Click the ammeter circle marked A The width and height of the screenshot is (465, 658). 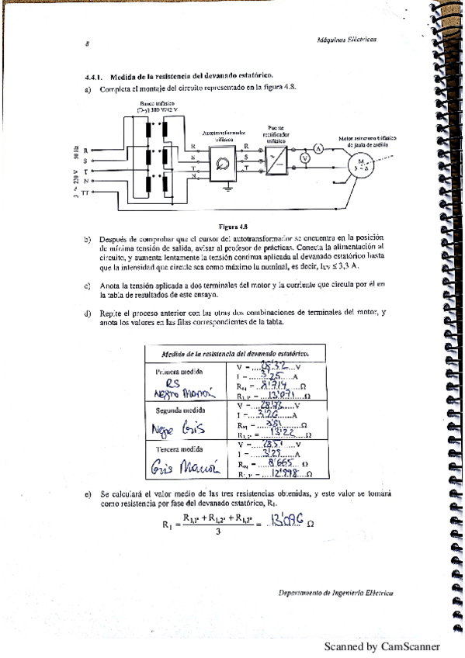[318, 148]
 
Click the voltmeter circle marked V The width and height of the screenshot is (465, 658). [305, 158]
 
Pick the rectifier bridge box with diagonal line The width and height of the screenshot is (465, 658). [276, 160]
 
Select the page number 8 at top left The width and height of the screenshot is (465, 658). [87, 44]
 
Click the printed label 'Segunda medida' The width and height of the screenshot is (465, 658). [179, 410]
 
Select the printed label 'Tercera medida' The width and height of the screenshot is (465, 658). [179, 448]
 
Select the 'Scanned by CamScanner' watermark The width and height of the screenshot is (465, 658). [381, 646]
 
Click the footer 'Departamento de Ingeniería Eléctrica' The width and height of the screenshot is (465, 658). [335, 593]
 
